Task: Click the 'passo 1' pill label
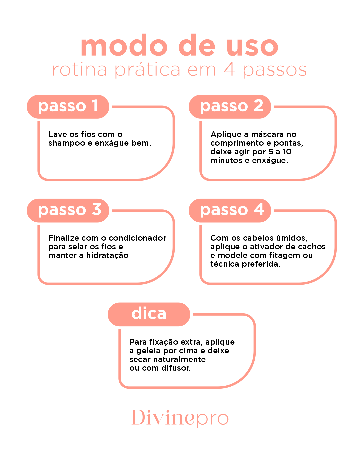tap(68, 106)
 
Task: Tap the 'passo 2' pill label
tap(230, 106)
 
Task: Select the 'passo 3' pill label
tap(68, 210)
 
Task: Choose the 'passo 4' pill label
tap(230, 210)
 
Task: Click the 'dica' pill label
tap(149, 314)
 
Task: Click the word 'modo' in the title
tap(124, 45)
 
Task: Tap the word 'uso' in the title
tap(252, 47)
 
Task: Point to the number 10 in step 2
tap(287, 151)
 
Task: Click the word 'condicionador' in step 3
tap(137, 238)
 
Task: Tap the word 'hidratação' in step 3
tap(107, 256)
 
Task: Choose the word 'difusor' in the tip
tap(176, 368)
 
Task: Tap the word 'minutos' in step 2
tap(226, 160)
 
